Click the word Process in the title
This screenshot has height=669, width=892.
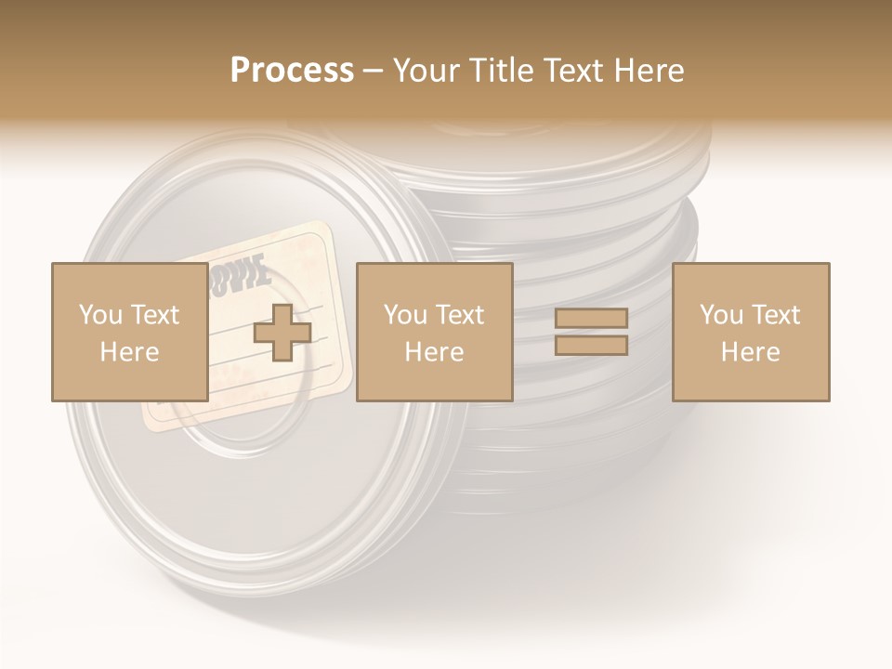point(292,70)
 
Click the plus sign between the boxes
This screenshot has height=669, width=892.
point(282,333)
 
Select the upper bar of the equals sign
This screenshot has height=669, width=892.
point(591,318)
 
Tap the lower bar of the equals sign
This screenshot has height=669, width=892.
point(591,346)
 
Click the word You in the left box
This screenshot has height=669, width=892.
point(100,315)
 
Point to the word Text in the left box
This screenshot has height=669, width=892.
point(154,315)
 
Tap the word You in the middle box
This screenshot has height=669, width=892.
point(405,315)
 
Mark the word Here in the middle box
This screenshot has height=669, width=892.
point(435,352)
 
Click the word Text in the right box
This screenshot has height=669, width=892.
point(776,315)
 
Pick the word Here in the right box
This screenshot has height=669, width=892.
point(751,352)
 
